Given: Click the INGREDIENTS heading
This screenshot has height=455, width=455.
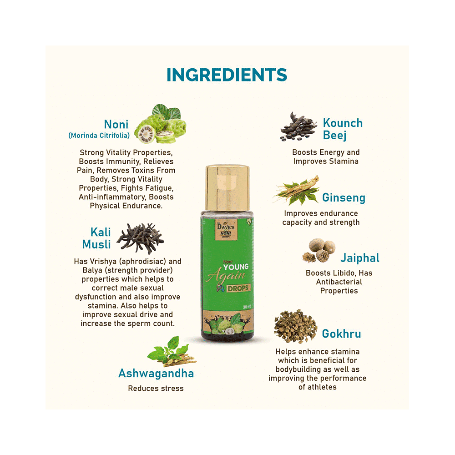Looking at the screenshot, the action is (x=227, y=75).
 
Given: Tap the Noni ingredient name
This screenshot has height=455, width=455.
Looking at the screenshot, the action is (x=116, y=124).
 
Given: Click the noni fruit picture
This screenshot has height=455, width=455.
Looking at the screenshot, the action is (x=161, y=124).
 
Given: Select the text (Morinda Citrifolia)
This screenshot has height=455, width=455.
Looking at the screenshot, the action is (x=99, y=136).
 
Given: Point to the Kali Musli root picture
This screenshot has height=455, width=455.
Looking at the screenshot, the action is (x=141, y=238).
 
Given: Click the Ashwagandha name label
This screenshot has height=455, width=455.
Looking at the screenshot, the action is (x=156, y=373).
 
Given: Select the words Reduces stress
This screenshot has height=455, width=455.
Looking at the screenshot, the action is (x=156, y=388).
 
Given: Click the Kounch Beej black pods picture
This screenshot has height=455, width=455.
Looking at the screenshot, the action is (x=298, y=127).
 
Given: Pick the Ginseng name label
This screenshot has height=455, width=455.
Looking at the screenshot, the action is (x=344, y=198).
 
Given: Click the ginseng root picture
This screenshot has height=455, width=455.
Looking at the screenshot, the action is (x=296, y=191).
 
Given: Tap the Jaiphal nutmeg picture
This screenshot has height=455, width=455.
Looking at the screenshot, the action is (x=319, y=250).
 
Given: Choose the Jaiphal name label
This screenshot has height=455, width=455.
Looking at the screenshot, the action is (x=360, y=258).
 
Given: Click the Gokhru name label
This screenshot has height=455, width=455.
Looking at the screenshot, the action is (x=342, y=334).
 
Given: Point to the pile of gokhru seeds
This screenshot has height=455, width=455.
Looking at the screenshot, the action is (x=295, y=326).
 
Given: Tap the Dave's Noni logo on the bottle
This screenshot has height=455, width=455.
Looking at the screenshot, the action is (x=226, y=230).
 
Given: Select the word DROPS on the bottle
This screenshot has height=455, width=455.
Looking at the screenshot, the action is (x=238, y=288).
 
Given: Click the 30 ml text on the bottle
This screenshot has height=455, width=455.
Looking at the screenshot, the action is (x=247, y=307).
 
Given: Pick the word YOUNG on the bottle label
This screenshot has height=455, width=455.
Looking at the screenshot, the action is (x=236, y=267).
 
